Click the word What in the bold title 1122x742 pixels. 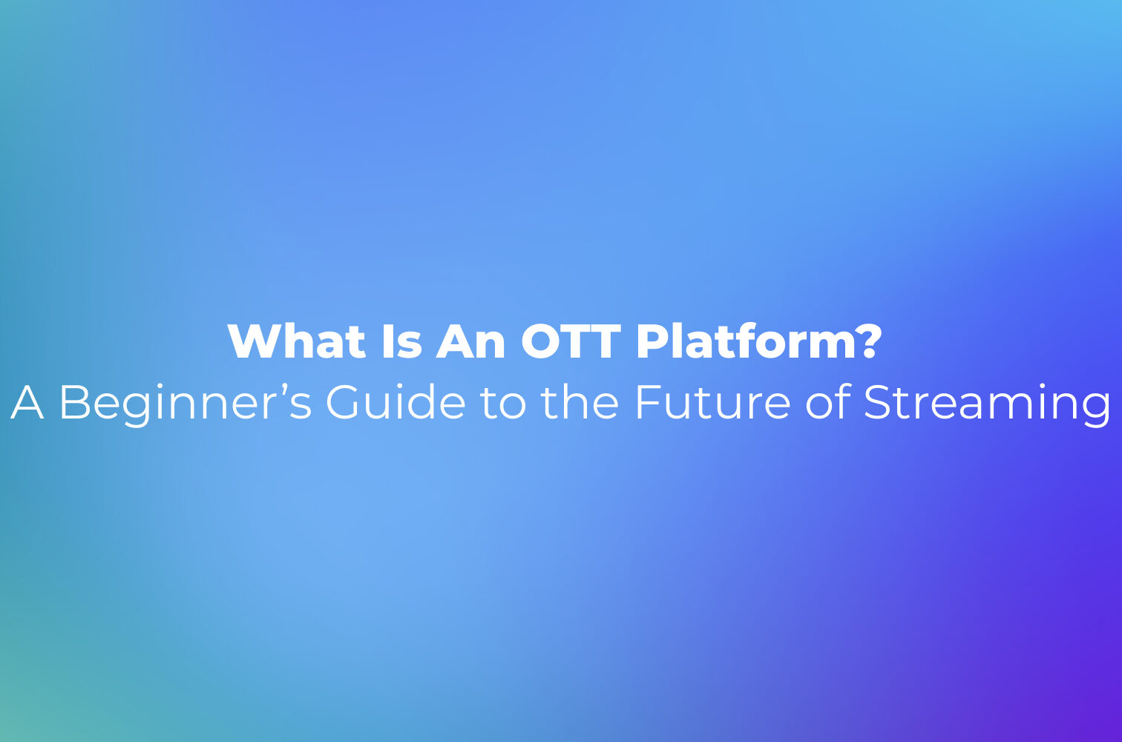296,341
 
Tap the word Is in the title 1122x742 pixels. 401,341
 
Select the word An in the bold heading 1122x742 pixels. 470,341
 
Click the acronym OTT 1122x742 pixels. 571,341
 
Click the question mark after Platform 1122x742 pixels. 867,341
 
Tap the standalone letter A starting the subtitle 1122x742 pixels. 27,402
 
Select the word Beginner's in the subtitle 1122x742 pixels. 186,406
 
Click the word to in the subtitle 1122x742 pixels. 503,404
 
